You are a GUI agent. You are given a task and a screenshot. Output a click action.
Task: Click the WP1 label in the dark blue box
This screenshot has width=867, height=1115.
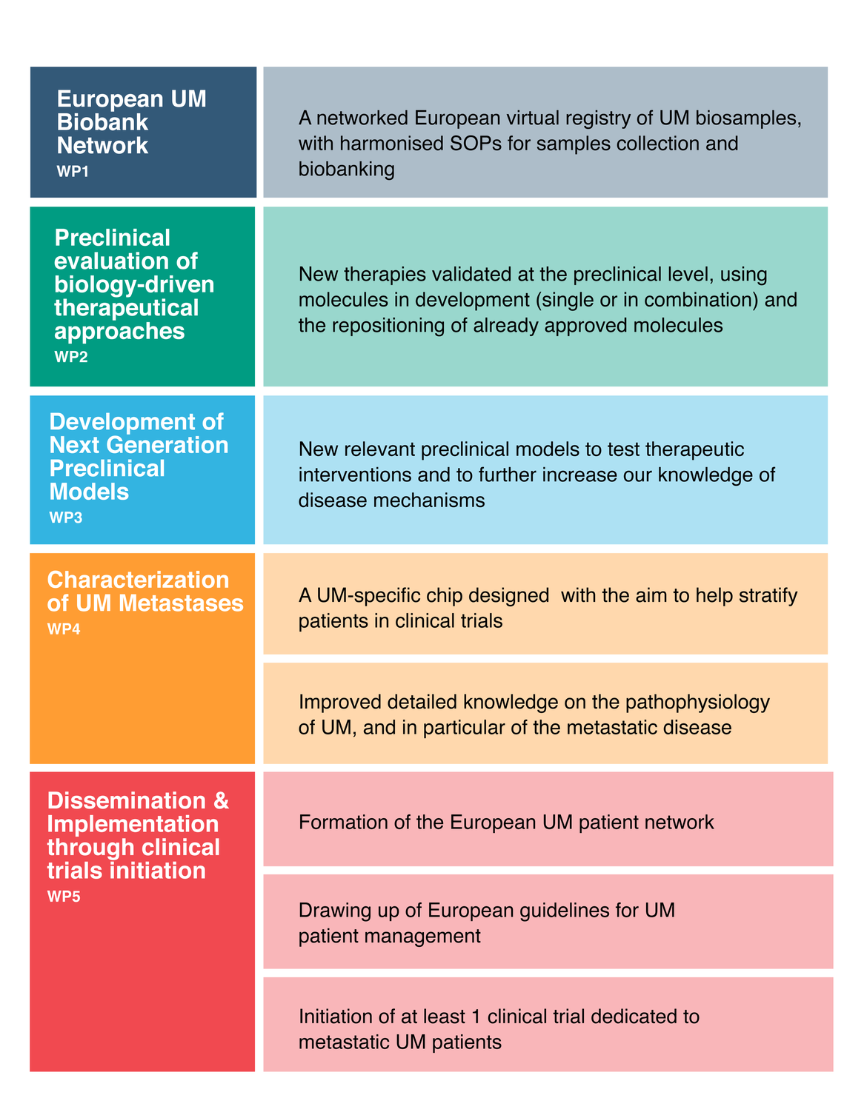click(73, 171)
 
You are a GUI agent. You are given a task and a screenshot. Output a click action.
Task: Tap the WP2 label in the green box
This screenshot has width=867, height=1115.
click(71, 357)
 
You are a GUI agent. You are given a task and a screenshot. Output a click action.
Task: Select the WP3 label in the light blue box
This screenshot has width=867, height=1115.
click(66, 518)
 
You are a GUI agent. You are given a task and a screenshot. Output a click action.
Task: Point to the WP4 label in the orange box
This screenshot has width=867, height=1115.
click(64, 629)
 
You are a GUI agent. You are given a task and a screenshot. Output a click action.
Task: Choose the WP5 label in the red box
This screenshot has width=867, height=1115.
click(64, 897)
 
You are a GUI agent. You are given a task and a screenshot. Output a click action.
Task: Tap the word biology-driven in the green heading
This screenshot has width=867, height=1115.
click(134, 284)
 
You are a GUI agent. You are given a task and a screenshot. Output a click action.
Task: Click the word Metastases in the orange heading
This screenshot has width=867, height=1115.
click(181, 603)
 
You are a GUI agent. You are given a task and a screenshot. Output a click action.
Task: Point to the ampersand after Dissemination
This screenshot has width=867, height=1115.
click(221, 800)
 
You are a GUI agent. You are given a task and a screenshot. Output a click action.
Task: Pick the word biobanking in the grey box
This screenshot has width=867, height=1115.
click(346, 169)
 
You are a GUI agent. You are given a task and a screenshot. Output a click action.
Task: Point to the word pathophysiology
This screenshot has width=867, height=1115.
click(697, 702)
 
